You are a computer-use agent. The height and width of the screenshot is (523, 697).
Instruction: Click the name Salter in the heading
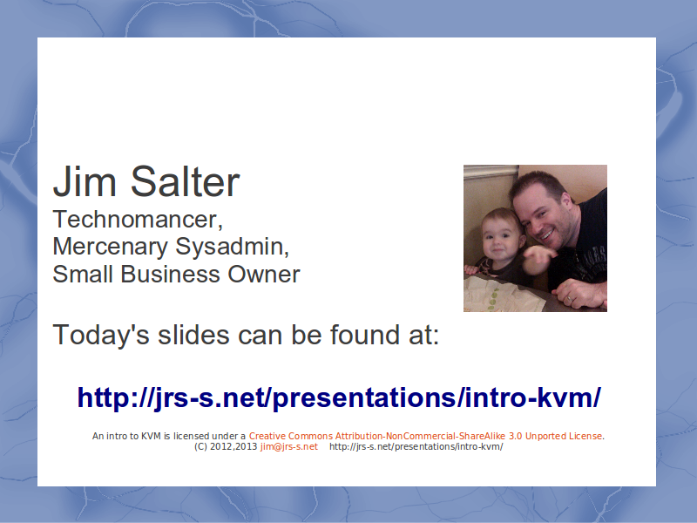pyautogui.click(x=185, y=181)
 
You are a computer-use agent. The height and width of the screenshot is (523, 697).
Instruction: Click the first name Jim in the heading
pyautogui.click(x=85, y=181)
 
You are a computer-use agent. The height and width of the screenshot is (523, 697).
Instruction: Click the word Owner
pyautogui.click(x=264, y=274)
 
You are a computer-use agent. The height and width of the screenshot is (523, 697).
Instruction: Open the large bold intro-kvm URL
pyautogui.click(x=339, y=397)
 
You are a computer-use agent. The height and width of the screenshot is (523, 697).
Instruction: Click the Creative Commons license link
pyautogui.click(x=425, y=436)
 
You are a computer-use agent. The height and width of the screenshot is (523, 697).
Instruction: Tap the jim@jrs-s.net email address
pyautogui.click(x=289, y=446)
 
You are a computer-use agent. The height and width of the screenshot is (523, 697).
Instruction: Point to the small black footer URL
pyautogui.click(x=416, y=446)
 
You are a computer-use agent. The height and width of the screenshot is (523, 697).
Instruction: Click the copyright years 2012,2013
pyautogui.click(x=233, y=446)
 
